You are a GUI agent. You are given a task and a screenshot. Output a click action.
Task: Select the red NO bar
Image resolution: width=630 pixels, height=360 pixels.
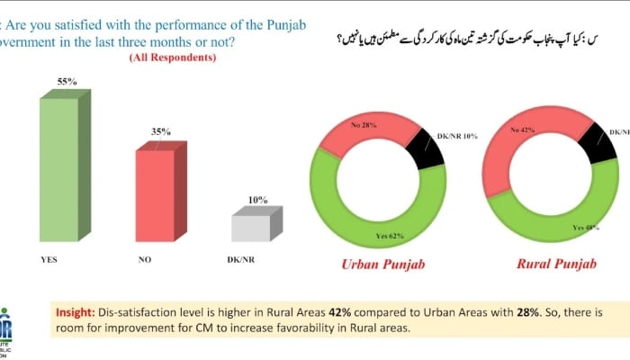pos(155,195)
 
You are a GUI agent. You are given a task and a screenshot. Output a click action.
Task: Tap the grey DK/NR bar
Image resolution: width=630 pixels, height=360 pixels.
pos(251,228)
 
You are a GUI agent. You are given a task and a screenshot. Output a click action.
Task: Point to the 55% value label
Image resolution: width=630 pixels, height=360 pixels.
pos(67,82)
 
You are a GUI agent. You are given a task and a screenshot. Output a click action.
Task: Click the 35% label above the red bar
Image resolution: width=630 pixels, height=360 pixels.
pos(161,131)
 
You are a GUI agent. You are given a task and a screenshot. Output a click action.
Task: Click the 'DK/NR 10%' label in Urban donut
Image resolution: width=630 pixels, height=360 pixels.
pos(457,136)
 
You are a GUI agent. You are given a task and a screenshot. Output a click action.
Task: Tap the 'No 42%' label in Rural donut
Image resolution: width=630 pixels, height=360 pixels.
pos(522,130)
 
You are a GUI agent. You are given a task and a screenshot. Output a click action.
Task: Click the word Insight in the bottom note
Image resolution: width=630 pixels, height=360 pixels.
pos(76,310)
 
